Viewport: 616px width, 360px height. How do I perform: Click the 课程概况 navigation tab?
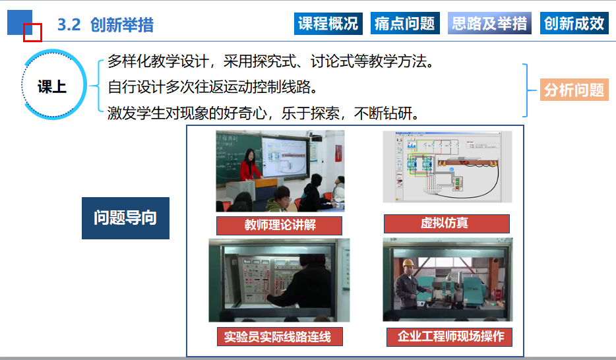(328, 24)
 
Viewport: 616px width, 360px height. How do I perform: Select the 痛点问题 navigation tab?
(405, 24)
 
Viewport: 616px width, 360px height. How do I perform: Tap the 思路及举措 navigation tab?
(489, 24)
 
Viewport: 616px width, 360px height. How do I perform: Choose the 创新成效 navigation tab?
(574, 24)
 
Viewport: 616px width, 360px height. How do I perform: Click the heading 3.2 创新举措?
(106, 25)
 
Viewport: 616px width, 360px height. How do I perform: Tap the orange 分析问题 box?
(574, 90)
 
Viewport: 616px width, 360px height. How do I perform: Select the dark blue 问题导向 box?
(125, 218)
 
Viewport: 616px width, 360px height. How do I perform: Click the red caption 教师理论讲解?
(280, 225)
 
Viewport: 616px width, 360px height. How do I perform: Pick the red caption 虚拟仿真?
(447, 224)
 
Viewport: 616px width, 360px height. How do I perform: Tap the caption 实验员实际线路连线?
(280, 336)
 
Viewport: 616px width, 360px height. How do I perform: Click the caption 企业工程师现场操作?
(449, 337)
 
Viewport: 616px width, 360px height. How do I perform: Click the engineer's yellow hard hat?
(409, 262)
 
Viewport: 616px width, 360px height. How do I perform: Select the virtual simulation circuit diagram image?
(447, 167)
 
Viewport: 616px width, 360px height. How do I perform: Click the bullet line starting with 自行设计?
(213, 87)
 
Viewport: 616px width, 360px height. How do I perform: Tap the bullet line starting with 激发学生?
(264, 113)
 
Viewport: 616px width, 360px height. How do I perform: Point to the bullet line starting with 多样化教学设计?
(271, 61)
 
